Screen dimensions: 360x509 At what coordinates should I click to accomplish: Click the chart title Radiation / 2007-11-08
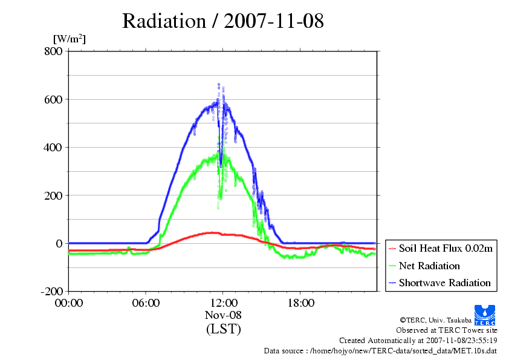coord(223,21)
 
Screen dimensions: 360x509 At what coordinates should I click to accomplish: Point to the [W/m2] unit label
coord(70,39)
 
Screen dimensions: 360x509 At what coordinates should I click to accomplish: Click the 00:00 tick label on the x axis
coord(68,303)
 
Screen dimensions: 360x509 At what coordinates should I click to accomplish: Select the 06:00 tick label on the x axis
coord(146,303)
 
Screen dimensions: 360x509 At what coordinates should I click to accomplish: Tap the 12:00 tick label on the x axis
coord(223,303)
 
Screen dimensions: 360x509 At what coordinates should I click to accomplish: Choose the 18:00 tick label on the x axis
coord(300,303)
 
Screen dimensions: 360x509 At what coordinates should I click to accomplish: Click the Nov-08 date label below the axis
coord(223,315)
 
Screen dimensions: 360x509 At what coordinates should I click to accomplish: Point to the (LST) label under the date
coord(223,329)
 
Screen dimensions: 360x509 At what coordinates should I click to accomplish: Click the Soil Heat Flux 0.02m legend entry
coord(441,249)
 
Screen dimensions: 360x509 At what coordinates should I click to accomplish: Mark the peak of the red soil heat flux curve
coord(212,232)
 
